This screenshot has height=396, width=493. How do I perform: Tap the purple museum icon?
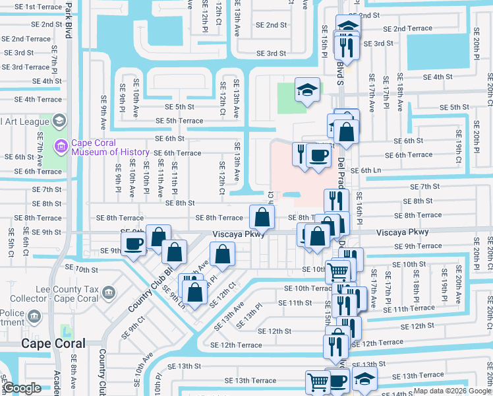pyautogui.click(x=61, y=146)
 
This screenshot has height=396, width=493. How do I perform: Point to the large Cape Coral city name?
pyautogui.click(x=53, y=343)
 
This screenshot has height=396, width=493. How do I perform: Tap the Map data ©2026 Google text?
pyautogui.click(x=452, y=391)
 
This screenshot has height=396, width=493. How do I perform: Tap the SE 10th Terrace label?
pyautogui.click(x=308, y=288)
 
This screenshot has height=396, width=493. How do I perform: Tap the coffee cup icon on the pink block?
pyautogui.click(x=319, y=156)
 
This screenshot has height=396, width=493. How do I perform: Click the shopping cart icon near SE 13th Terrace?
pyautogui.click(x=318, y=381)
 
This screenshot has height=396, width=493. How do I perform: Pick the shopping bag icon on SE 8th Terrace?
pyautogui.click(x=262, y=216)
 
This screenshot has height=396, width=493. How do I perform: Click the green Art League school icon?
pyautogui.click(x=59, y=120)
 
